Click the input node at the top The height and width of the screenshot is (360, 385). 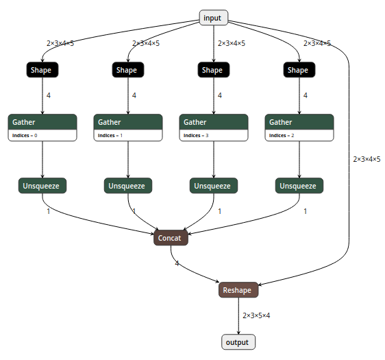coord(213,18)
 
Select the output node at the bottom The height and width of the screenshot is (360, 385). coord(238,341)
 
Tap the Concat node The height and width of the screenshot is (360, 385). coord(170,238)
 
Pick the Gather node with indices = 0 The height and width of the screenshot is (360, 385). coord(42,122)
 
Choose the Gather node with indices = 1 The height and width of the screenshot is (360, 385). coord(128,122)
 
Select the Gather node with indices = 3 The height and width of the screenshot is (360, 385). coord(214,122)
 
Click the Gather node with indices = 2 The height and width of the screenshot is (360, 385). coord(299,122)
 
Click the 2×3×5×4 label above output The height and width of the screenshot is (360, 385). coord(257,315)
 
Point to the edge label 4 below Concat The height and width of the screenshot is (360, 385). coord(177,263)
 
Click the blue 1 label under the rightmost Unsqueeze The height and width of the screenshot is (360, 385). coord(306,211)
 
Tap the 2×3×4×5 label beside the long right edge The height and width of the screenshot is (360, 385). coord(367,159)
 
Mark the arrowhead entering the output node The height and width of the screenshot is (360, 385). coord(238,332)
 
